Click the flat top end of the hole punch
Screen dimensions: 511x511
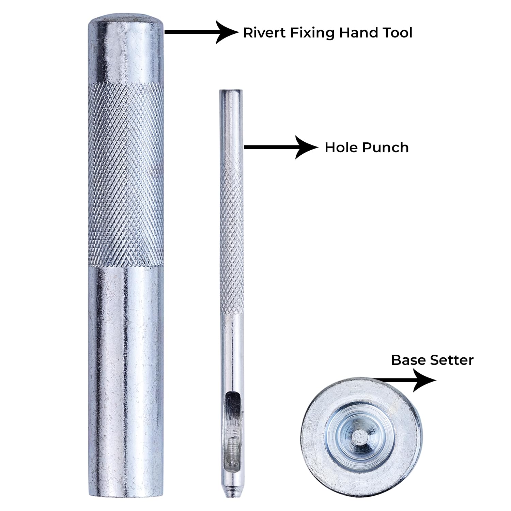tap(231, 91)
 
